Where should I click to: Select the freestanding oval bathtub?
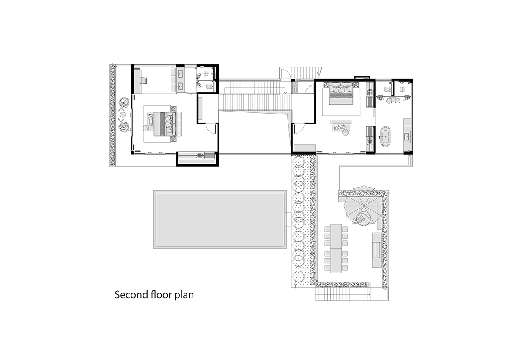point(385,137)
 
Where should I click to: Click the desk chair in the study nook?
point(143,80)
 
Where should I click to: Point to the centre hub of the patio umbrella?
point(364,206)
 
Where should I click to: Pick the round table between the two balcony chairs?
point(123,114)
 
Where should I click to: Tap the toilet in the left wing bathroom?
point(210,87)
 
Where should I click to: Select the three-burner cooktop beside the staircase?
point(296,87)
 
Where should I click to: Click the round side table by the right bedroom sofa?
point(345,132)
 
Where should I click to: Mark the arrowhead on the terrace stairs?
point(369,294)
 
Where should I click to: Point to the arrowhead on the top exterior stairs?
point(317,73)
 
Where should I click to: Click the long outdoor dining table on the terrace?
point(336,248)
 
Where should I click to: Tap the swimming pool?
point(220,219)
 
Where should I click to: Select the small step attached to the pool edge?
point(288,219)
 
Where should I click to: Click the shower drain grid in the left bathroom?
point(206,74)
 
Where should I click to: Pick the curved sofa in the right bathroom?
point(393,100)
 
